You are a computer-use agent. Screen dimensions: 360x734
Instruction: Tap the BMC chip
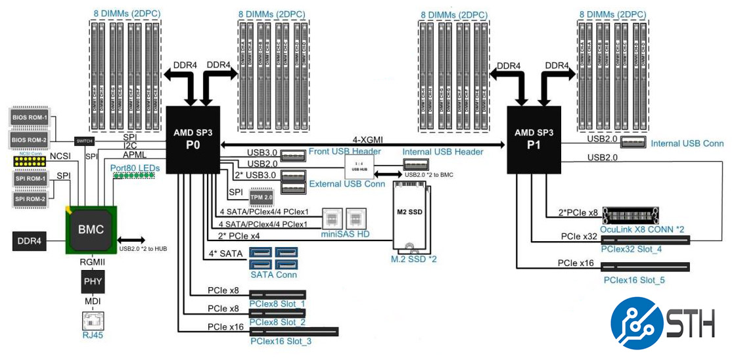pos(91,229)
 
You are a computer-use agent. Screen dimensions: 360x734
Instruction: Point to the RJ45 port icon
pos(91,322)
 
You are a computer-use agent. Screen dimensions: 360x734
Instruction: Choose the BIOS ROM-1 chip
pos(31,118)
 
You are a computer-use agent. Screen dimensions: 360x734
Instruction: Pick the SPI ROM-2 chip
pos(31,198)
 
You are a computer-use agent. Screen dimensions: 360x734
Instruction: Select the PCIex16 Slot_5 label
pos(634,280)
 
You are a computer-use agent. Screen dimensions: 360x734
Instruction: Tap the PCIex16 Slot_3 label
pos(281,341)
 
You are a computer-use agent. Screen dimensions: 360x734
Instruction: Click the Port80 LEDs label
pos(135,168)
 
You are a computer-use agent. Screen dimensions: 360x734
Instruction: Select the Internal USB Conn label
pos(687,143)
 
